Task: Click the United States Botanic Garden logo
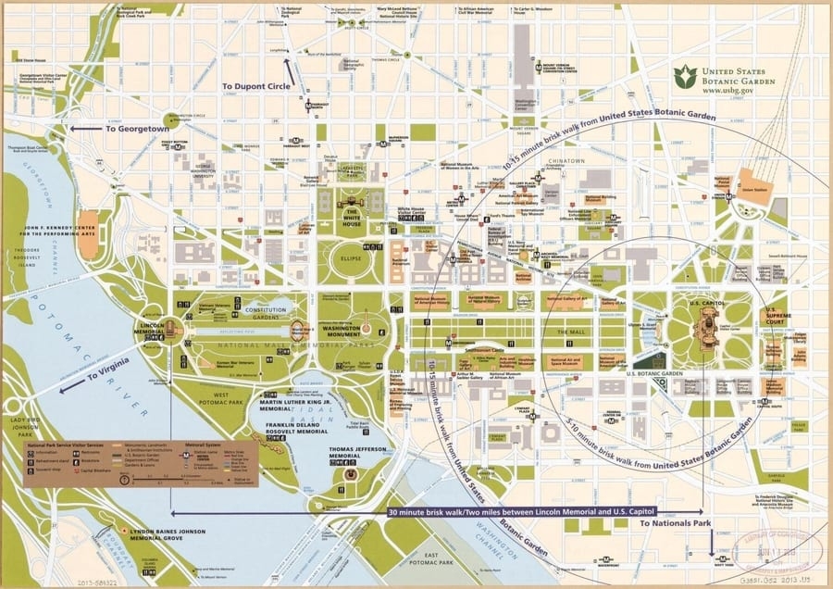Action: click(x=684, y=77)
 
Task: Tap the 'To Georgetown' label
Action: click(x=137, y=129)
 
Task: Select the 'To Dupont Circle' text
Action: click(x=255, y=86)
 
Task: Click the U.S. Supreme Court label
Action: click(x=776, y=319)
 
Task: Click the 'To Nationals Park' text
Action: click(x=676, y=523)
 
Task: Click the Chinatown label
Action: click(x=568, y=161)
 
